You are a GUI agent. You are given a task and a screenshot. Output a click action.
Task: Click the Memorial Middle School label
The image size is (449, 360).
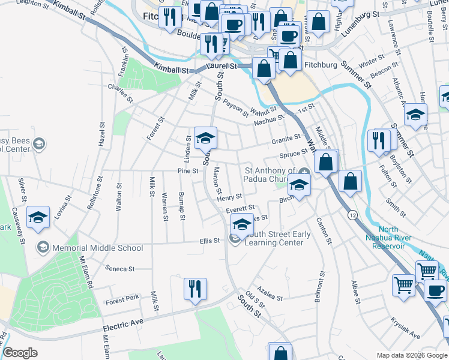point(97,248)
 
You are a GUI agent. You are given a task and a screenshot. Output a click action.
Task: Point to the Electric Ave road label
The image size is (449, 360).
point(124,328)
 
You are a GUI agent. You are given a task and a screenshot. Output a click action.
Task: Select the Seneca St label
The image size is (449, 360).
point(119,269)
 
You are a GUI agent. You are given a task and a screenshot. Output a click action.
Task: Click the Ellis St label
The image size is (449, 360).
point(210,241)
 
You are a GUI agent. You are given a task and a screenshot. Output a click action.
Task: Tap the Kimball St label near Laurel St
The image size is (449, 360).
point(171,69)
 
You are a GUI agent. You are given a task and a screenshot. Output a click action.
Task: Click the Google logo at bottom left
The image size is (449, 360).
point(20,353)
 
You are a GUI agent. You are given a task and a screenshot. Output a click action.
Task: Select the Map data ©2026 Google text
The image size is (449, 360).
point(412,355)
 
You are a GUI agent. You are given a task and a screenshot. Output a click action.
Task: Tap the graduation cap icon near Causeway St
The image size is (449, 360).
point(38,217)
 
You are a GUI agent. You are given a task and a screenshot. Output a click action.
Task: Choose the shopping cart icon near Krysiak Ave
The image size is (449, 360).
point(403,284)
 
